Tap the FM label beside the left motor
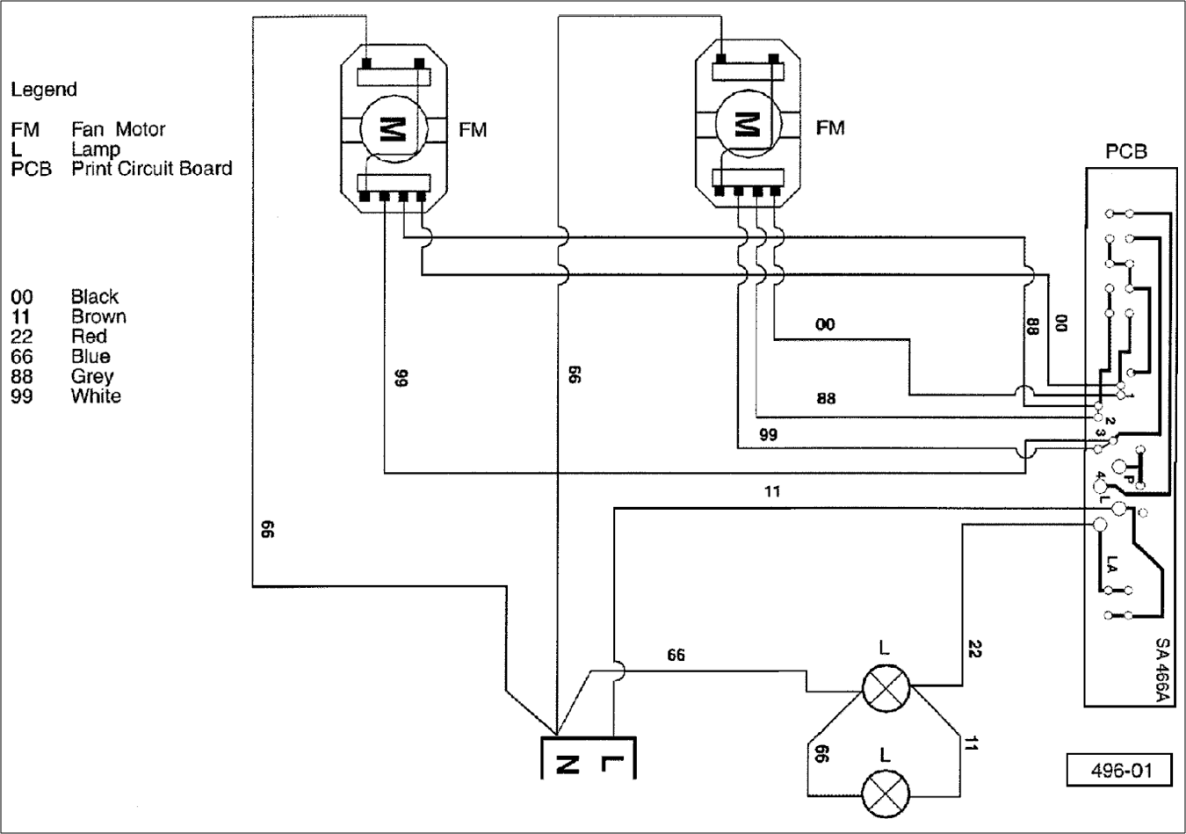tap(473, 130)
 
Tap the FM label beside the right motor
tap(830, 128)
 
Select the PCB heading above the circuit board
tap(1126, 152)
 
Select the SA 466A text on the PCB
tap(1164, 670)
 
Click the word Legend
tap(44, 90)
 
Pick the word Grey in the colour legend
tap(92, 376)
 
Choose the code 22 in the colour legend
tap(21, 337)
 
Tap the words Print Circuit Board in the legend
tap(152, 169)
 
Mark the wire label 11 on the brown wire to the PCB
tap(772, 492)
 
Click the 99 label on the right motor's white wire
tap(769, 435)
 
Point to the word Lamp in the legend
tap(96, 149)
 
